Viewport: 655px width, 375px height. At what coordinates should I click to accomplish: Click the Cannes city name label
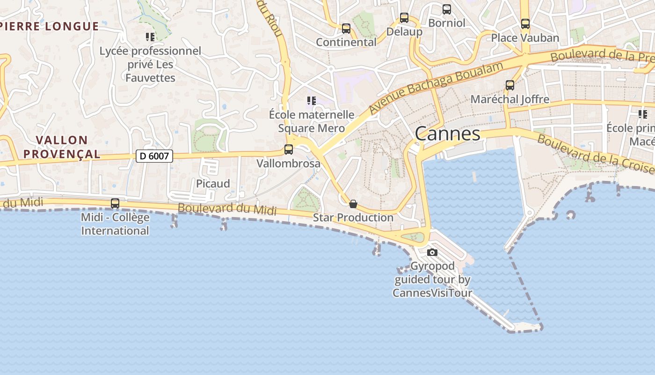pos(447,134)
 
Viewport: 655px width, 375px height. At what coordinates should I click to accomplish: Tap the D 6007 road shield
pos(154,156)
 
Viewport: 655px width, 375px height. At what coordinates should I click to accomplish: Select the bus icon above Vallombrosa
pos(289,150)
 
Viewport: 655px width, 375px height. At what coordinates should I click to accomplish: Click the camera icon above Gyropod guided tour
pos(432,253)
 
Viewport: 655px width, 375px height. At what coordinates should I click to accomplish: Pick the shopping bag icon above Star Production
pos(353,204)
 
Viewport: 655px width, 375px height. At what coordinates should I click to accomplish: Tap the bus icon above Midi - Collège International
pos(115,203)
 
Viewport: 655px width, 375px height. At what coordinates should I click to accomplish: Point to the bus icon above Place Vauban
pos(525,24)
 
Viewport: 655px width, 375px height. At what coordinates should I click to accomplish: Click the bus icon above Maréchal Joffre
pos(510,85)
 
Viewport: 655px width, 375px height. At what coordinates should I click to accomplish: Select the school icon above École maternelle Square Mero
pos(311,101)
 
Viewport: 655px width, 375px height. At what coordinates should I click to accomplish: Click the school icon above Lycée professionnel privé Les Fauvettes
pos(150,37)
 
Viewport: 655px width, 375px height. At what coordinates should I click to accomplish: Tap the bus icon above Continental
pos(346,29)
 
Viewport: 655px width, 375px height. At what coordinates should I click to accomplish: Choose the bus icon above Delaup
pos(404,18)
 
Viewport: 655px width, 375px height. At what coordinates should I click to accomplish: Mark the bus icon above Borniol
pos(447,9)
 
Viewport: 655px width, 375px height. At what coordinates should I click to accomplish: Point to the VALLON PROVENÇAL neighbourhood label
pos(62,147)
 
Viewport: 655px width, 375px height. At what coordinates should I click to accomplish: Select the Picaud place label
pos(213,184)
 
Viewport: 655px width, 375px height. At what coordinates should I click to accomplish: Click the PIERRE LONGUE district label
pos(50,26)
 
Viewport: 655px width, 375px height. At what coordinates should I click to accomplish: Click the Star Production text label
pos(353,217)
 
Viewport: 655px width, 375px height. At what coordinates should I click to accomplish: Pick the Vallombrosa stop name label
pos(288,164)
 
